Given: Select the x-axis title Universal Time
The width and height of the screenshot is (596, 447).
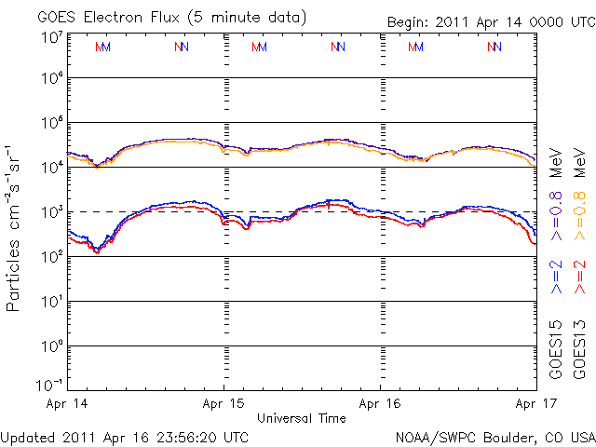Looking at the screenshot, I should coord(302,419).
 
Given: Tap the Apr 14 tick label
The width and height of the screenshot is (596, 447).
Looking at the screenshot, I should coord(64,405).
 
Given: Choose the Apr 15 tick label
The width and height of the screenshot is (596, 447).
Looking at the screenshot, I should coord(223,405).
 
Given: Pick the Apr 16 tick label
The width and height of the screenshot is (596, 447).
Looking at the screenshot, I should coord(380,405).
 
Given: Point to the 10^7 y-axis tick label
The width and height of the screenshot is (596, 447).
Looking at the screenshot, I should coord(51,36).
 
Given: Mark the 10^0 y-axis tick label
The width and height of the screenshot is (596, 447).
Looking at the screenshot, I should coord(51,345).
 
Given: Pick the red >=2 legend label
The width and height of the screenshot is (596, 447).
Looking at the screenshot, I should coord(578,278).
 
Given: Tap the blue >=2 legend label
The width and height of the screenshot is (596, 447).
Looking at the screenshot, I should coord(557,278).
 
